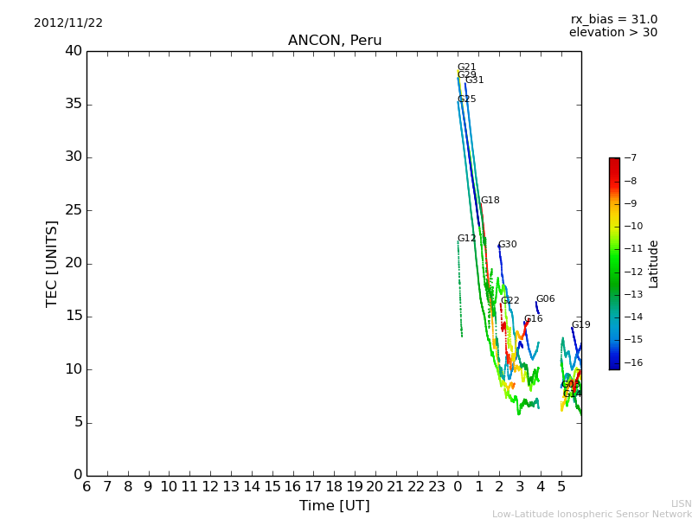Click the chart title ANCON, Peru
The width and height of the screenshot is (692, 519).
[x=335, y=41]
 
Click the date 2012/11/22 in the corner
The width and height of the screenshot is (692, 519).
[x=68, y=23]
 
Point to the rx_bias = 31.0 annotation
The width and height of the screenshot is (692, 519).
[x=613, y=20]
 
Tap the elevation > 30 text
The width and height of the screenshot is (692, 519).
[x=612, y=33]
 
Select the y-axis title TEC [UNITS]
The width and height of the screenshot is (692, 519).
[x=52, y=263]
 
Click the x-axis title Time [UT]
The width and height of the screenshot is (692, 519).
[x=334, y=506]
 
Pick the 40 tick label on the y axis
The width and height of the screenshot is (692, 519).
[x=74, y=51]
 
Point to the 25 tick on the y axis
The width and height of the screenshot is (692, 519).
[x=74, y=210]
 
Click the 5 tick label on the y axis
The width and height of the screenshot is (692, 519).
[x=78, y=422]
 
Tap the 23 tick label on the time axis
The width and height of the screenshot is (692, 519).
[x=437, y=487]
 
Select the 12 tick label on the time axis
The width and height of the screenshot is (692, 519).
[x=210, y=487]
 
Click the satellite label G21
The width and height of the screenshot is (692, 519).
[x=466, y=67]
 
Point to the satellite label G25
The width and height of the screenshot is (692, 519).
[x=466, y=99]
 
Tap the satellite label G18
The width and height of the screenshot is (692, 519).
[x=490, y=201]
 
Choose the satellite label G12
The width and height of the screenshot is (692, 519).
[x=466, y=239]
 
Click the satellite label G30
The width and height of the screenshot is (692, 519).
[x=507, y=245]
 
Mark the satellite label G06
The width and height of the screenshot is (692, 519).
[x=545, y=299]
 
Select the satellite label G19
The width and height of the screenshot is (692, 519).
[x=580, y=325]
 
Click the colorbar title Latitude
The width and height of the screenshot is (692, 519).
[x=654, y=264]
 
